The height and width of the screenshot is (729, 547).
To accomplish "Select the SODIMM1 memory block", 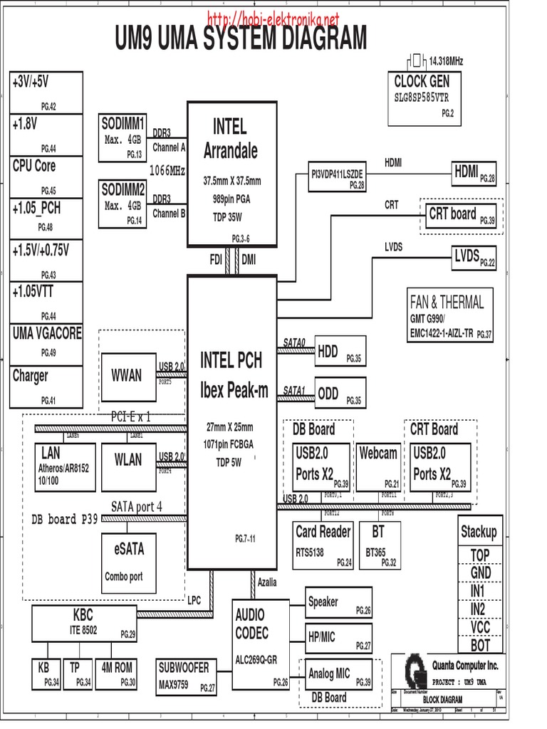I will [124, 137].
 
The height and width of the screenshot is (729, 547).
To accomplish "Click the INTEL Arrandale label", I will [230, 139].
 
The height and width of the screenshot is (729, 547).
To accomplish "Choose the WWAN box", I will [126, 374].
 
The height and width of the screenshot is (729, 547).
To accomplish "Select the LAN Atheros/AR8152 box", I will [64, 467].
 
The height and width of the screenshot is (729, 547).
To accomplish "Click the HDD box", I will [340, 352].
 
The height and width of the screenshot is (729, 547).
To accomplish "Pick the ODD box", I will [340, 394].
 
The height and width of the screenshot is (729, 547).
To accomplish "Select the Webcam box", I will [379, 466].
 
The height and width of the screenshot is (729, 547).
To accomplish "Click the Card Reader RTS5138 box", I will [323, 545].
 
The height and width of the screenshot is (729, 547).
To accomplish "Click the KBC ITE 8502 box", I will [85, 622].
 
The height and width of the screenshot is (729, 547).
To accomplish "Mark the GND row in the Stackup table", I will [481, 573].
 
